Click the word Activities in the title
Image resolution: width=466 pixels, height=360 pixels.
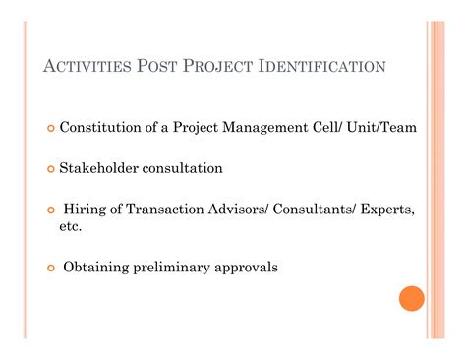point(91,68)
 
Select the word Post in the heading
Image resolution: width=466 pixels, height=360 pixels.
point(165,68)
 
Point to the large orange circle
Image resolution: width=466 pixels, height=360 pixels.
point(412,298)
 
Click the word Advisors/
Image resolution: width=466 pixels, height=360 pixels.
point(238,210)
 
